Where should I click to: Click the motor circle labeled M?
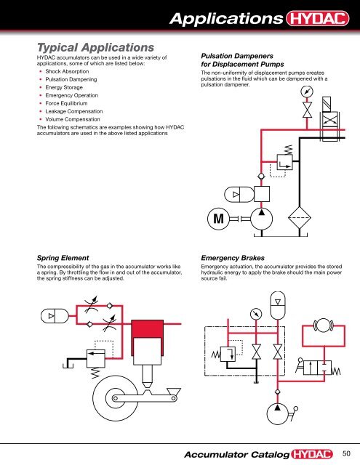[x=217, y=218]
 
